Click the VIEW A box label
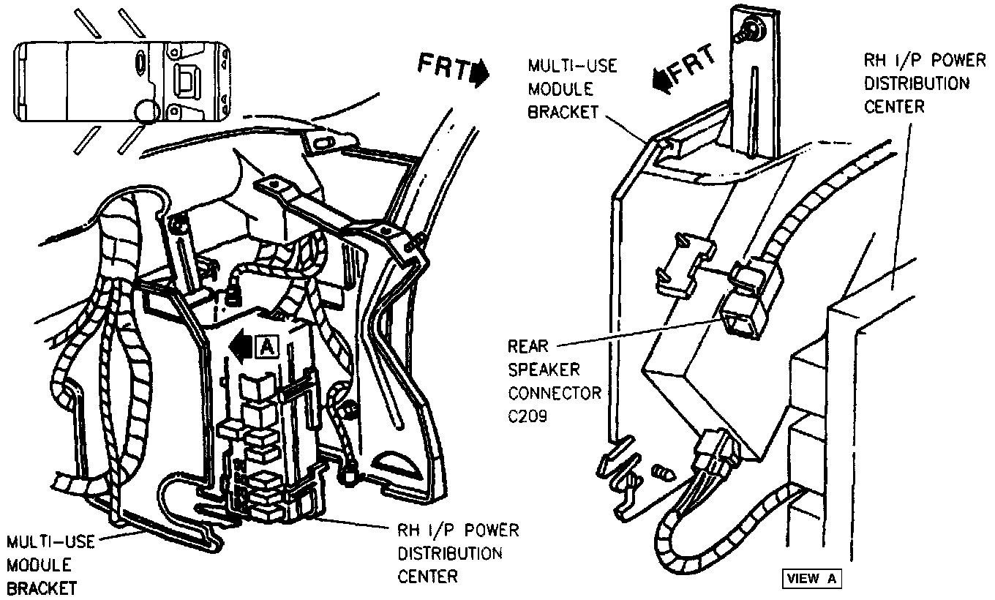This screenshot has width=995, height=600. point(811,578)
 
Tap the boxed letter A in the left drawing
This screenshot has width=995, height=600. point(267,347)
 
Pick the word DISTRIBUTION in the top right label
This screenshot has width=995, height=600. point(917,83)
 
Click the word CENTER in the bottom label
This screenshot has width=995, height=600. point(428,576)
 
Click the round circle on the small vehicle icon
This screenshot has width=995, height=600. point(146,111)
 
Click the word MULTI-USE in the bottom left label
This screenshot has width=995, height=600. point(50,543)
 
